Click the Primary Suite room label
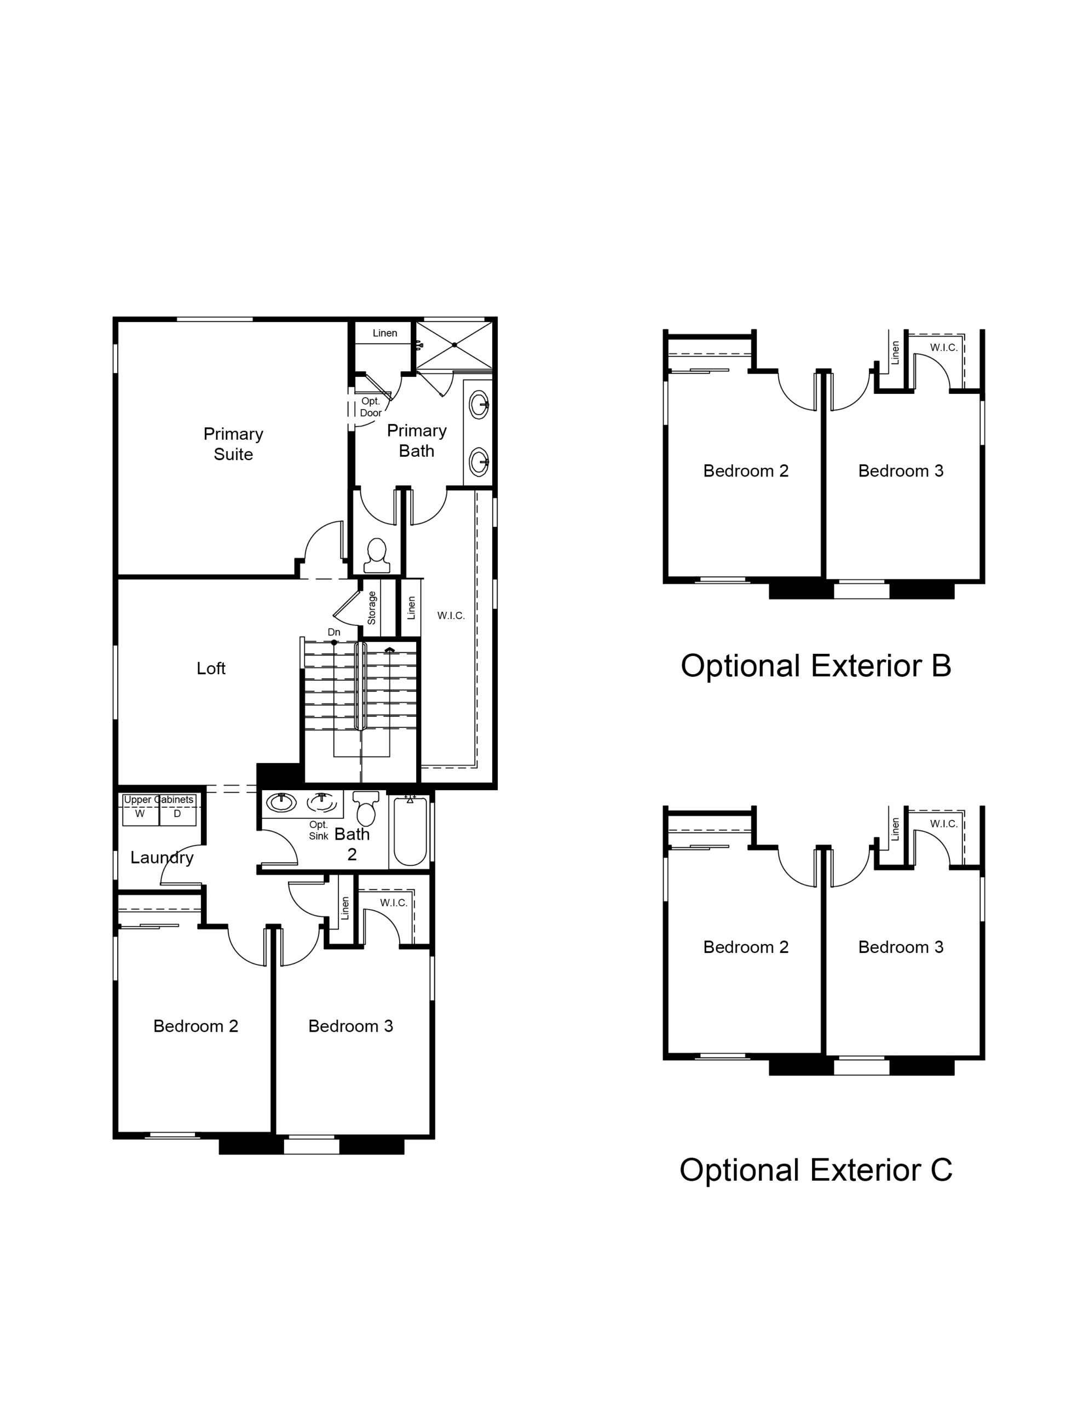[233, 444]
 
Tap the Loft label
[211, 668]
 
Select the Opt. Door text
[371, 407]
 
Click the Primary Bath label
[417, 440]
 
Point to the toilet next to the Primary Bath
[376, 555]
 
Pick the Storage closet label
[372, 608]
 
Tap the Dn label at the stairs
[334, 633]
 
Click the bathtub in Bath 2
[410, 831]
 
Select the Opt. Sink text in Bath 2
[319, 830]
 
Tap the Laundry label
[162, 858]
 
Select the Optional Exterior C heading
[815, 1170]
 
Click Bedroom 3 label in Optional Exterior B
[901, 470]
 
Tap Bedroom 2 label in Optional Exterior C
[745, 947]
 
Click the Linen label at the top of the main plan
[384, 332]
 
